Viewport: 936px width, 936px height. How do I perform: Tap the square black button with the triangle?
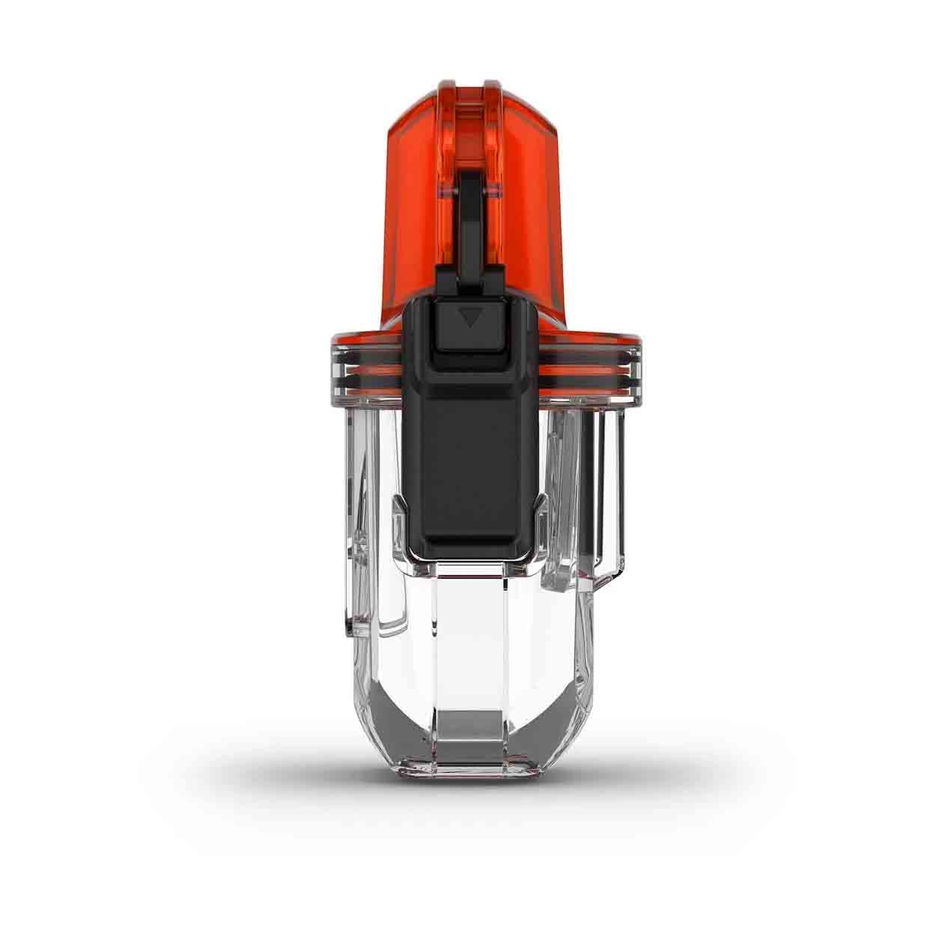[469, 323]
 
